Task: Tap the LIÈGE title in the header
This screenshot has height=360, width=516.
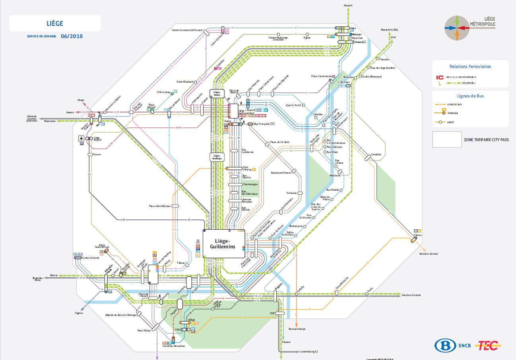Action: pyautogui.click(x=55, y=24)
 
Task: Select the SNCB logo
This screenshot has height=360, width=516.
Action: pyautogui.click(x=453, y=345)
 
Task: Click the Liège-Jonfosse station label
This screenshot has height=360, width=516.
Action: pyautogui.click(x=217, y=157)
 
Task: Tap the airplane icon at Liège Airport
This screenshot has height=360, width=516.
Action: pyautogui.click(x=81, y=138)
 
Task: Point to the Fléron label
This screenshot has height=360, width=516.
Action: pyautogui.click(x=417, y=235)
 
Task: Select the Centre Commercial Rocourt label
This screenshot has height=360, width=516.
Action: pyautogui.click(x=187, y=30)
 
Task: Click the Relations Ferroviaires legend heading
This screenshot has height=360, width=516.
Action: pyautogui.click(x=470, y=67)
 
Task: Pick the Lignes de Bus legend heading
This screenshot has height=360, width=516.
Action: pyautogui.click(x=470, y=96)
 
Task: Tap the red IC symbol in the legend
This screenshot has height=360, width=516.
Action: pyautogui.click(x=440, y=77)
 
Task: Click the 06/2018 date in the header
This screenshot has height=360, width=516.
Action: pyautogui.click(x=72, y=36)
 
